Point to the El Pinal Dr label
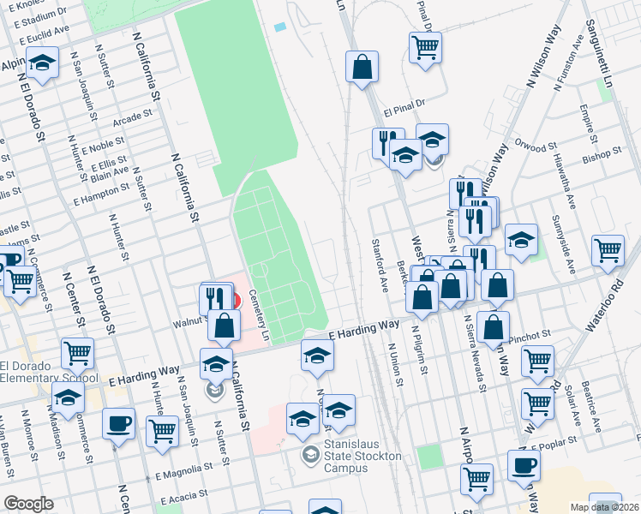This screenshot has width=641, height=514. coord(404,111)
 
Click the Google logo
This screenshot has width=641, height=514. coord(28,504)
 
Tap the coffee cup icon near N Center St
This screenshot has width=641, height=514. coord(118,421)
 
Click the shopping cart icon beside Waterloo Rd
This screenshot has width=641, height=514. coord(608,250)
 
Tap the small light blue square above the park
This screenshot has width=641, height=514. coord(280,27)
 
